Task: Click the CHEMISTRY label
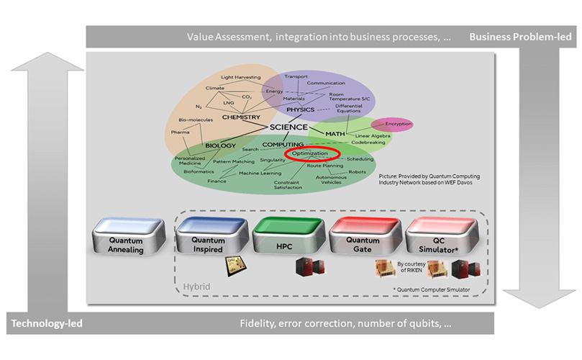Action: pos(240,116)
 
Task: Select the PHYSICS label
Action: pos(301,110)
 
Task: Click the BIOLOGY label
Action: pos(220,145)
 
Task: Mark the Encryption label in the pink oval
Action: pos(391,125)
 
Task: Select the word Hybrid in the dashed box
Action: pos(196,287)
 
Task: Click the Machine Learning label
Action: pos(260,174)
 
